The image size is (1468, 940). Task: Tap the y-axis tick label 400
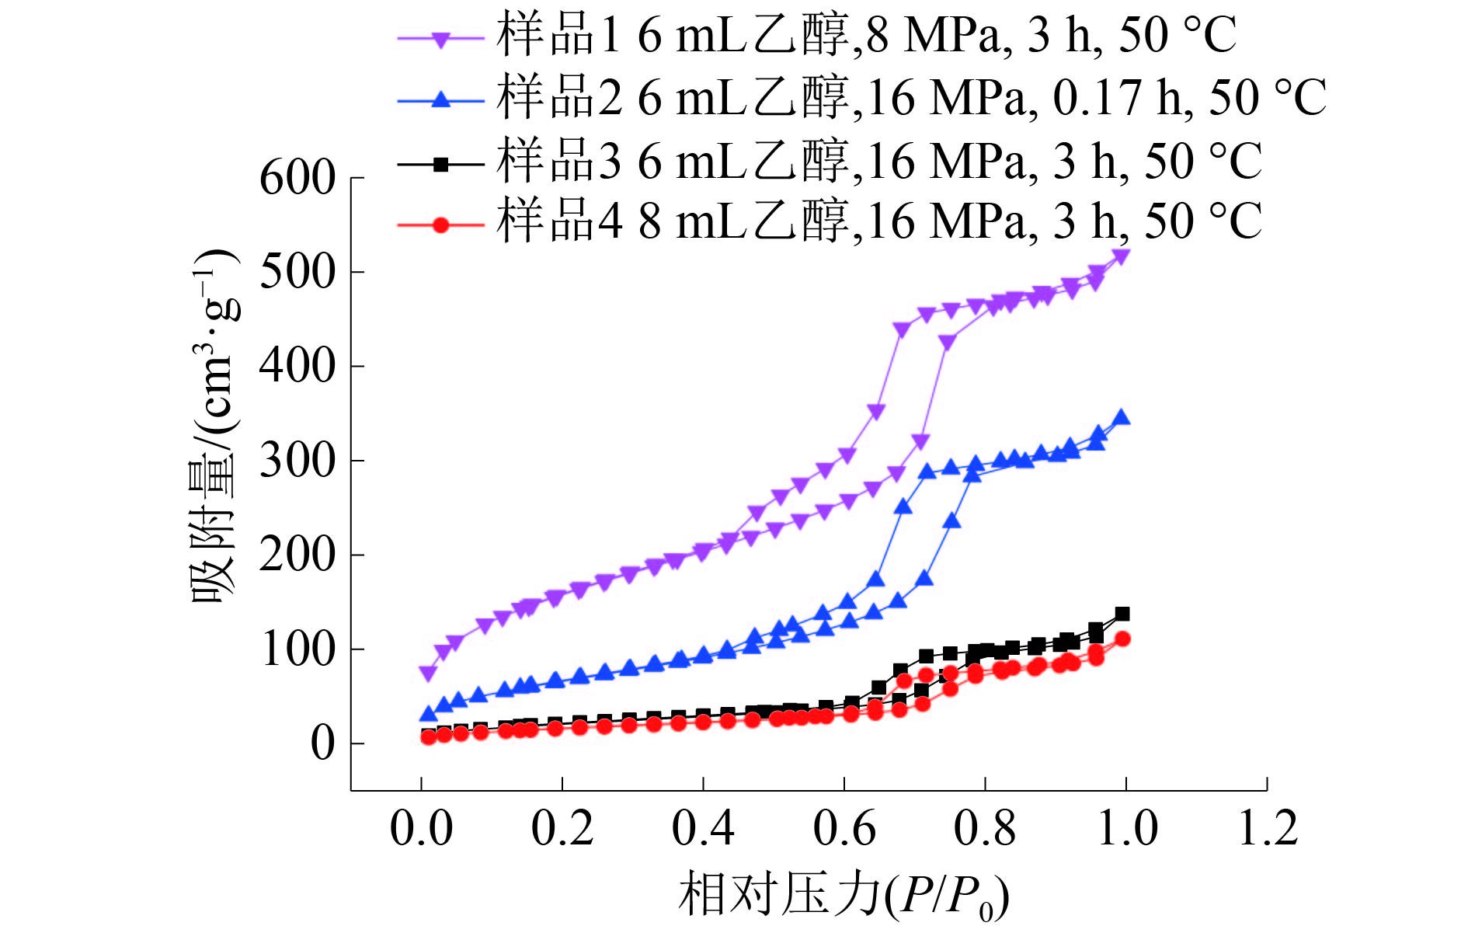click(297, 366)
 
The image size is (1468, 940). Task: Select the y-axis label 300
click(297, 461)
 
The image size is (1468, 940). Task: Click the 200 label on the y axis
click(297, 555)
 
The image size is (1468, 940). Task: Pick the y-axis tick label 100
click(297, 649)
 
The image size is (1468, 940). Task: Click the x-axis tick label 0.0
click(421, 828)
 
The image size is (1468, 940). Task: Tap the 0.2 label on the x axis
click(562, 828)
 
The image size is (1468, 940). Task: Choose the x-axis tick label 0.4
click(703, 828)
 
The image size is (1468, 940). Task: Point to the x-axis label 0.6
click(844, 828)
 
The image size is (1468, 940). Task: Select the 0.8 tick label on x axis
click(985, 828)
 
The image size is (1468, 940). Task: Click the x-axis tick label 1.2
click(1268, 828)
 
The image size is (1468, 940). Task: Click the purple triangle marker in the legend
click(440, 39)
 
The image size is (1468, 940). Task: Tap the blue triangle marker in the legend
click(440, 99)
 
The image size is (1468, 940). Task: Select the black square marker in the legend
click(440, 164)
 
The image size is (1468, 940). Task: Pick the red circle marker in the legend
click(440, 225)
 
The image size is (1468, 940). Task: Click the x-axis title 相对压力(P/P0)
click(844, 895)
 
